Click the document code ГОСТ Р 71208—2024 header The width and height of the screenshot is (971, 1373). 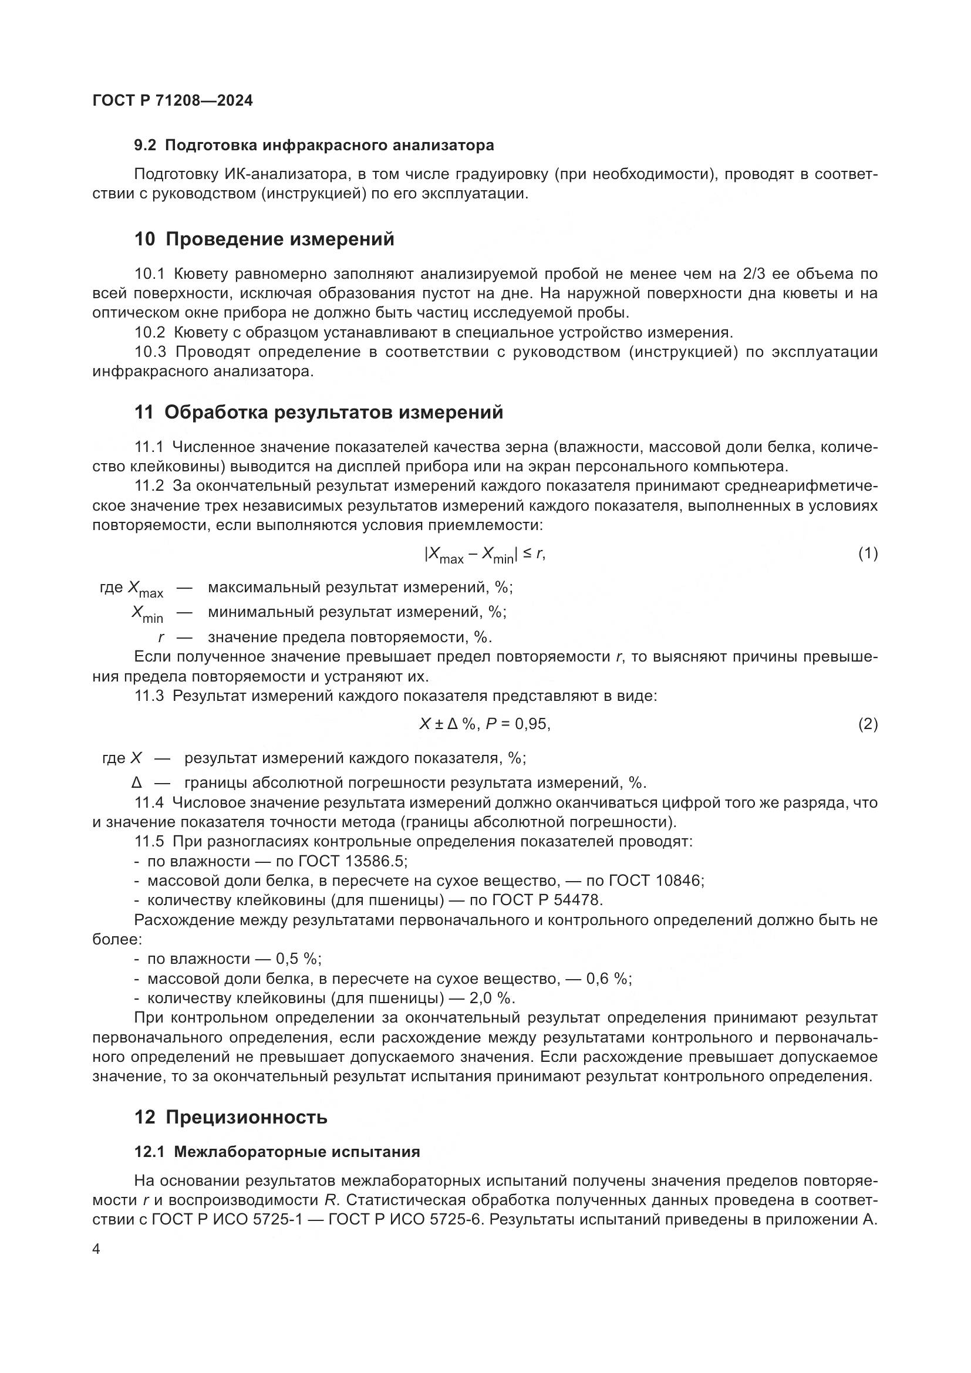coord(173,100)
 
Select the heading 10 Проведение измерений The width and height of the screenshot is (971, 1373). coord(264,239)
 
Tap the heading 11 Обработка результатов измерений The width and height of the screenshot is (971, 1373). coord(319,412)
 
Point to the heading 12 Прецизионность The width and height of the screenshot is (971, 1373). coord(231,1116)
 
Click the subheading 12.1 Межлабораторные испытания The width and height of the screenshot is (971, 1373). coord(278,1152)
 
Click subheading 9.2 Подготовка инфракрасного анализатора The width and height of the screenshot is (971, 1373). coord(314,146)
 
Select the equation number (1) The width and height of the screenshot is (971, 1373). coord(868,553)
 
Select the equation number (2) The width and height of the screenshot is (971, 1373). coord(868,724)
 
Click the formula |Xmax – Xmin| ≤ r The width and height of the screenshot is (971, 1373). coord(484,555)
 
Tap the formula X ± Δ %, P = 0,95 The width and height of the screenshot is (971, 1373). coord(484,724)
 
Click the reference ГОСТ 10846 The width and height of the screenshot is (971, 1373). coord(655,881)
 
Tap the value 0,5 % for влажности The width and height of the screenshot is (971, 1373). coord(298,959)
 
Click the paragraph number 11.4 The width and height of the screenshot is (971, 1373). coord(149,802)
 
